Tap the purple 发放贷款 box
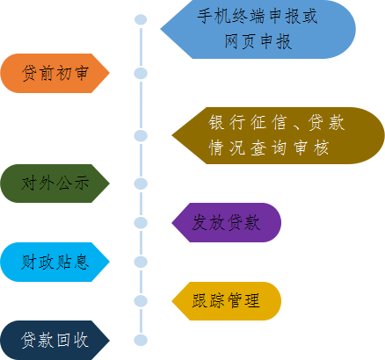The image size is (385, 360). tap(227, 222)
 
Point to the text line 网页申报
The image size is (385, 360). tap(258, 40)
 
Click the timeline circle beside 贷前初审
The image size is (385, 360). tap(140, 73)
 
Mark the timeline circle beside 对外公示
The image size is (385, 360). tap(140, 184)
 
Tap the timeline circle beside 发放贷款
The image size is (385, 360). tap(140, 222)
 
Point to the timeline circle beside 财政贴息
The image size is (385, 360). tap(140, 262)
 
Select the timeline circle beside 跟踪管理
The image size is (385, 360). tap(140, 300)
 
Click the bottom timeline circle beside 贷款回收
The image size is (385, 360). tap(140, 340)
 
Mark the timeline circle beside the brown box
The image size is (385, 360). tap(140, 135)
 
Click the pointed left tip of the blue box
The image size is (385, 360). tap(162, 29)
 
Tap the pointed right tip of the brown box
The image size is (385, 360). tap(382, 135)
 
